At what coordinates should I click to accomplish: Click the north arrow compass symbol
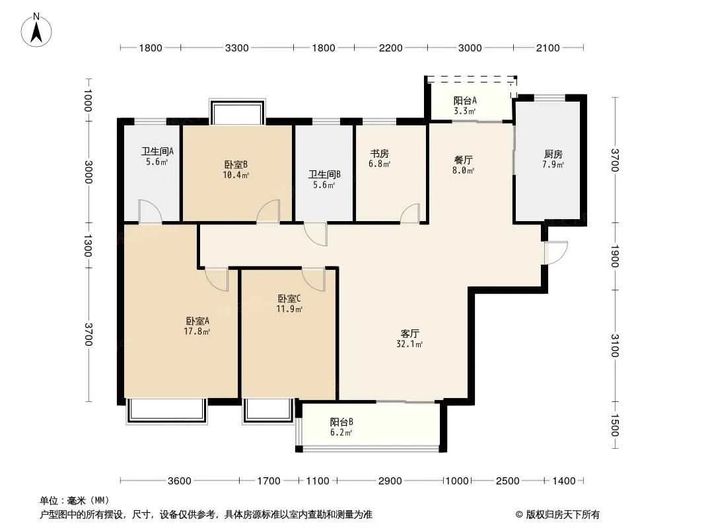[x=36, y=30]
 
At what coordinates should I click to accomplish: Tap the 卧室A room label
[x=197, y=321]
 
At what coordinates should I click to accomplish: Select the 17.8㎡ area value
[x=197, y=332]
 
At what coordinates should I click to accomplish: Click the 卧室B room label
[x=236, y=164]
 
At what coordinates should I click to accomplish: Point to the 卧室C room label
[x=289, y=298]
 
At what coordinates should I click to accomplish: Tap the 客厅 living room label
[x=410, y=334]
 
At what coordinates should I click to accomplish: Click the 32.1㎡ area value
[x=409, y=345]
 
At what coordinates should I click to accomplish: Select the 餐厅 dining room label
[x=464, y=160]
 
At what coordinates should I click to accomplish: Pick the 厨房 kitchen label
[x=553, y=154]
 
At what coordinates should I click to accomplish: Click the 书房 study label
[x=379, y=154]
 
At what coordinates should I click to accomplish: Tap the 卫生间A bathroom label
[x=157, y=152]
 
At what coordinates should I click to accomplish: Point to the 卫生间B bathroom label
[x=324, y=174]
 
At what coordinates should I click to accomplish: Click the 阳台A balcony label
[x=465, y=101]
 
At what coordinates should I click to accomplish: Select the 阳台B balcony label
[x=341, y=422]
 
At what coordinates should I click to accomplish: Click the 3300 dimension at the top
[x=236, y=48]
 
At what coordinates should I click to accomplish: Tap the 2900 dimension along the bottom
[x=390, y=481]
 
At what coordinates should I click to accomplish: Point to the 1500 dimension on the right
[x=615, y=425]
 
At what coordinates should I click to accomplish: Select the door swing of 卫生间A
[x=151, y=211]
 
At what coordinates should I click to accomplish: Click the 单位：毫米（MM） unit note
[x=75, y=500]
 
